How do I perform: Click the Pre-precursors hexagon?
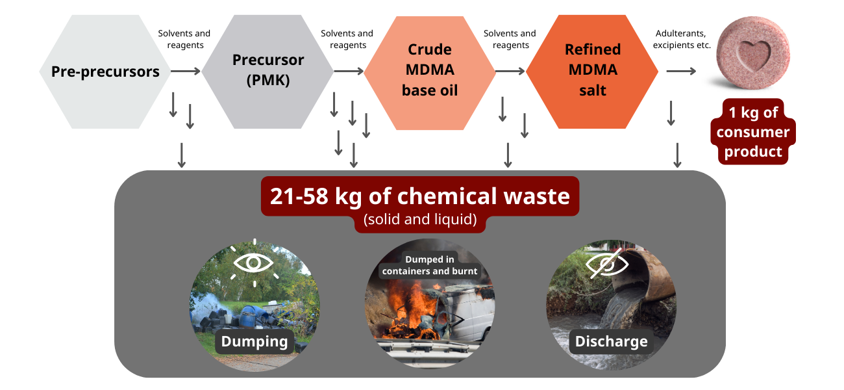point(105,71)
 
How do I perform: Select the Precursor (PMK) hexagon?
point(267,71)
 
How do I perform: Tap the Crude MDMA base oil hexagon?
point(430,73)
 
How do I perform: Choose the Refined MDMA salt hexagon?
point(592,71)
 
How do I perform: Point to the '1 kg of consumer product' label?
point(753,132)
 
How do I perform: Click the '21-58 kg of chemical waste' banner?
point(420,196)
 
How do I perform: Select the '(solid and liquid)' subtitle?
point(420,220)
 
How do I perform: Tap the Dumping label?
point(254,341)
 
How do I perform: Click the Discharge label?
point(611,341)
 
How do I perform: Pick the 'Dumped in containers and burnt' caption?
point(430,265)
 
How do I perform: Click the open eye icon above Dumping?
point(253,263)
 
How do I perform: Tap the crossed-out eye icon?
point(606,263)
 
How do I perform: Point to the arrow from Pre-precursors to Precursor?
point(186,71)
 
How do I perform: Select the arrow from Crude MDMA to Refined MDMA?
point(510,71)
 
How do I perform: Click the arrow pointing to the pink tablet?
point(681,71)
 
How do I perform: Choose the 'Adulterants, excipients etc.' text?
point(682,39)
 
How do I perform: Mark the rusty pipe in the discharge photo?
point(641,272)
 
